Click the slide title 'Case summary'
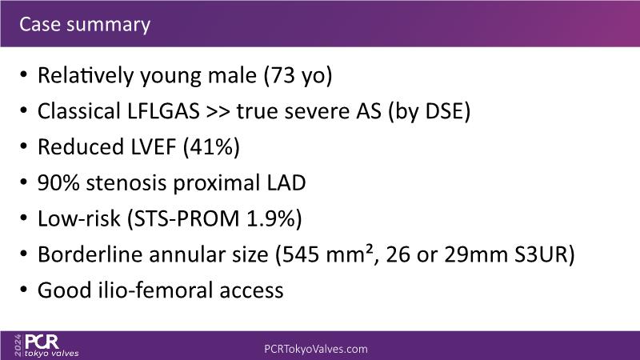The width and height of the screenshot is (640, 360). (85, 25)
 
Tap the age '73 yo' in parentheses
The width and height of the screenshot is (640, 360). (298, 76)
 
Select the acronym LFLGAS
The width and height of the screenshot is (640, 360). (164, 111)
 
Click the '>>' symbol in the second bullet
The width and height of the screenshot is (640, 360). (218, 112)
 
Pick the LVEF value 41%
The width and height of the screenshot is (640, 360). (211, 147)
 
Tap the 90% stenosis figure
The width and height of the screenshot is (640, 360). (58, 183)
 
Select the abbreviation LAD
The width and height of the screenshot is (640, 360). (286, 183)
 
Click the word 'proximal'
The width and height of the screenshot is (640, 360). (217, 184)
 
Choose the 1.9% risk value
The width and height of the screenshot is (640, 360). (270, 218)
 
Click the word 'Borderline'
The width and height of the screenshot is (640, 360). (92, 254)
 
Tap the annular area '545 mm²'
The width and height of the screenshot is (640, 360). (327, 254)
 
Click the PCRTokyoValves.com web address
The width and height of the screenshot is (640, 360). (316, 349)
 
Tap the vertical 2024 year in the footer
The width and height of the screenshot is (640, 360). (18, 346)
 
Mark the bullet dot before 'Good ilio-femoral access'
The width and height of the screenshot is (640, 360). (24, 290)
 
